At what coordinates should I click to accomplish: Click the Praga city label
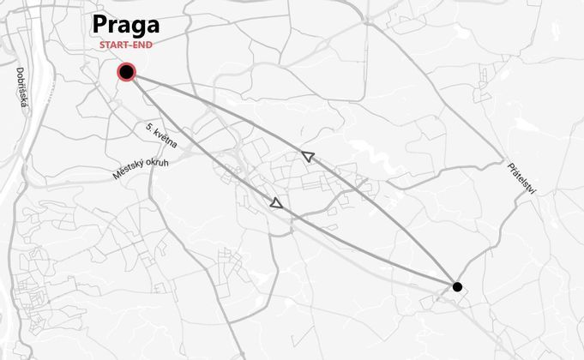(x=126, y=25)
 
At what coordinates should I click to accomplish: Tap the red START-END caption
(x=126, y=45)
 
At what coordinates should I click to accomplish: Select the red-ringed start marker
(x=127, y=71)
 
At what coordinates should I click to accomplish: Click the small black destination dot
(x=457, y=286)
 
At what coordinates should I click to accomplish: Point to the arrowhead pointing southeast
(x=276, y=203)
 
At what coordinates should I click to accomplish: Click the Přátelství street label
(x=521, y=178)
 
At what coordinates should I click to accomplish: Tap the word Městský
(x=127, y=171)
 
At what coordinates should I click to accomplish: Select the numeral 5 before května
(x=148, y=127)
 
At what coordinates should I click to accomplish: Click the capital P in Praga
(x=100, y=25)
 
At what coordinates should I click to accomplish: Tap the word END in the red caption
(x=143, y=45)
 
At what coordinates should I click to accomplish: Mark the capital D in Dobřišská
(x=19, y=71)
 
